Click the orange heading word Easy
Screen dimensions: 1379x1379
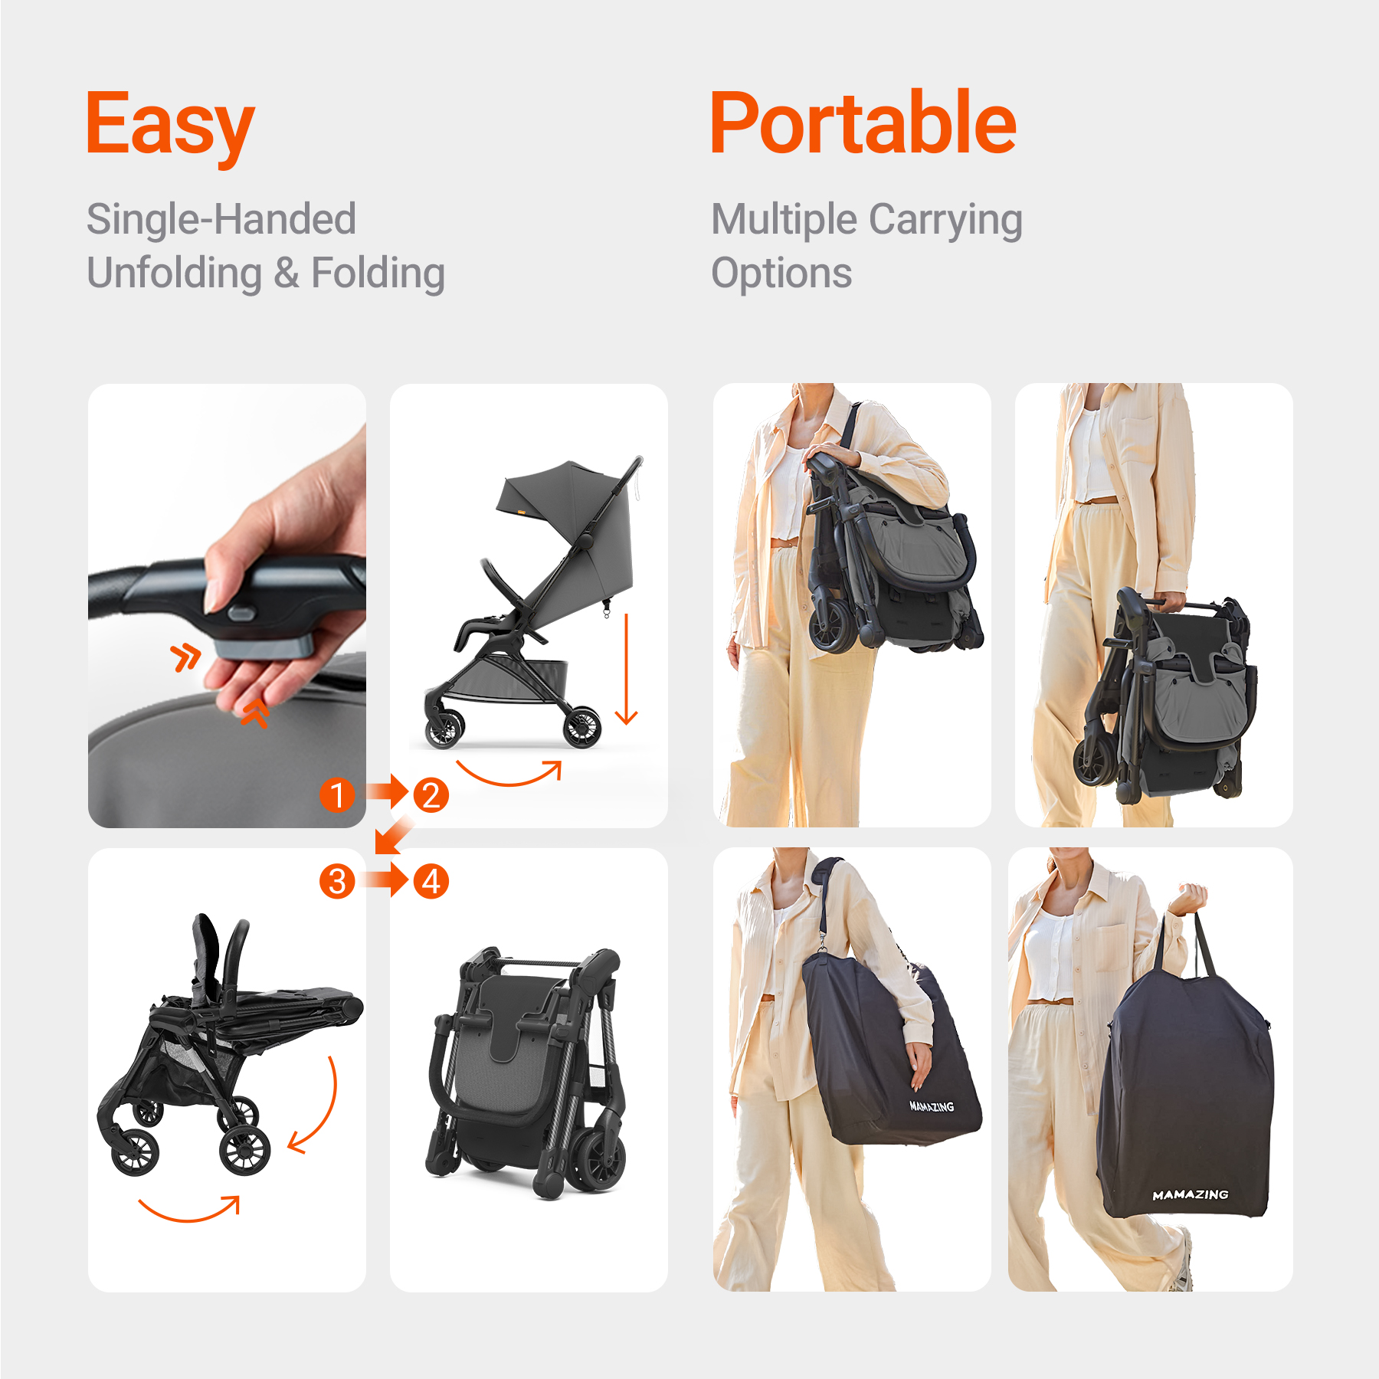click(169, 125)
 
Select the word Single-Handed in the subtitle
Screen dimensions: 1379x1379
click(221, 219)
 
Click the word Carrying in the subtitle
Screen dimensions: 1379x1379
click(945, 221)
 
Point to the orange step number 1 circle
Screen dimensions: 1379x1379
click(337, 794)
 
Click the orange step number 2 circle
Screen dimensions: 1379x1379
click(431, 794)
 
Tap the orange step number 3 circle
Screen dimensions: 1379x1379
click(337, 881)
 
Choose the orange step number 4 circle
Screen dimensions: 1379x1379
click(431, 881)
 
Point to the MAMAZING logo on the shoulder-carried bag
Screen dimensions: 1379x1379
click(931, 1106)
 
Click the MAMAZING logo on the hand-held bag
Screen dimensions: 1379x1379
click(1190, 1194)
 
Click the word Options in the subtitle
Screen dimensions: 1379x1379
click(781, 274)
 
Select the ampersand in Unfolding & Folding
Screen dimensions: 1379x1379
click(287, 274)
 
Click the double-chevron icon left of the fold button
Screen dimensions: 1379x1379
click(185, 657)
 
